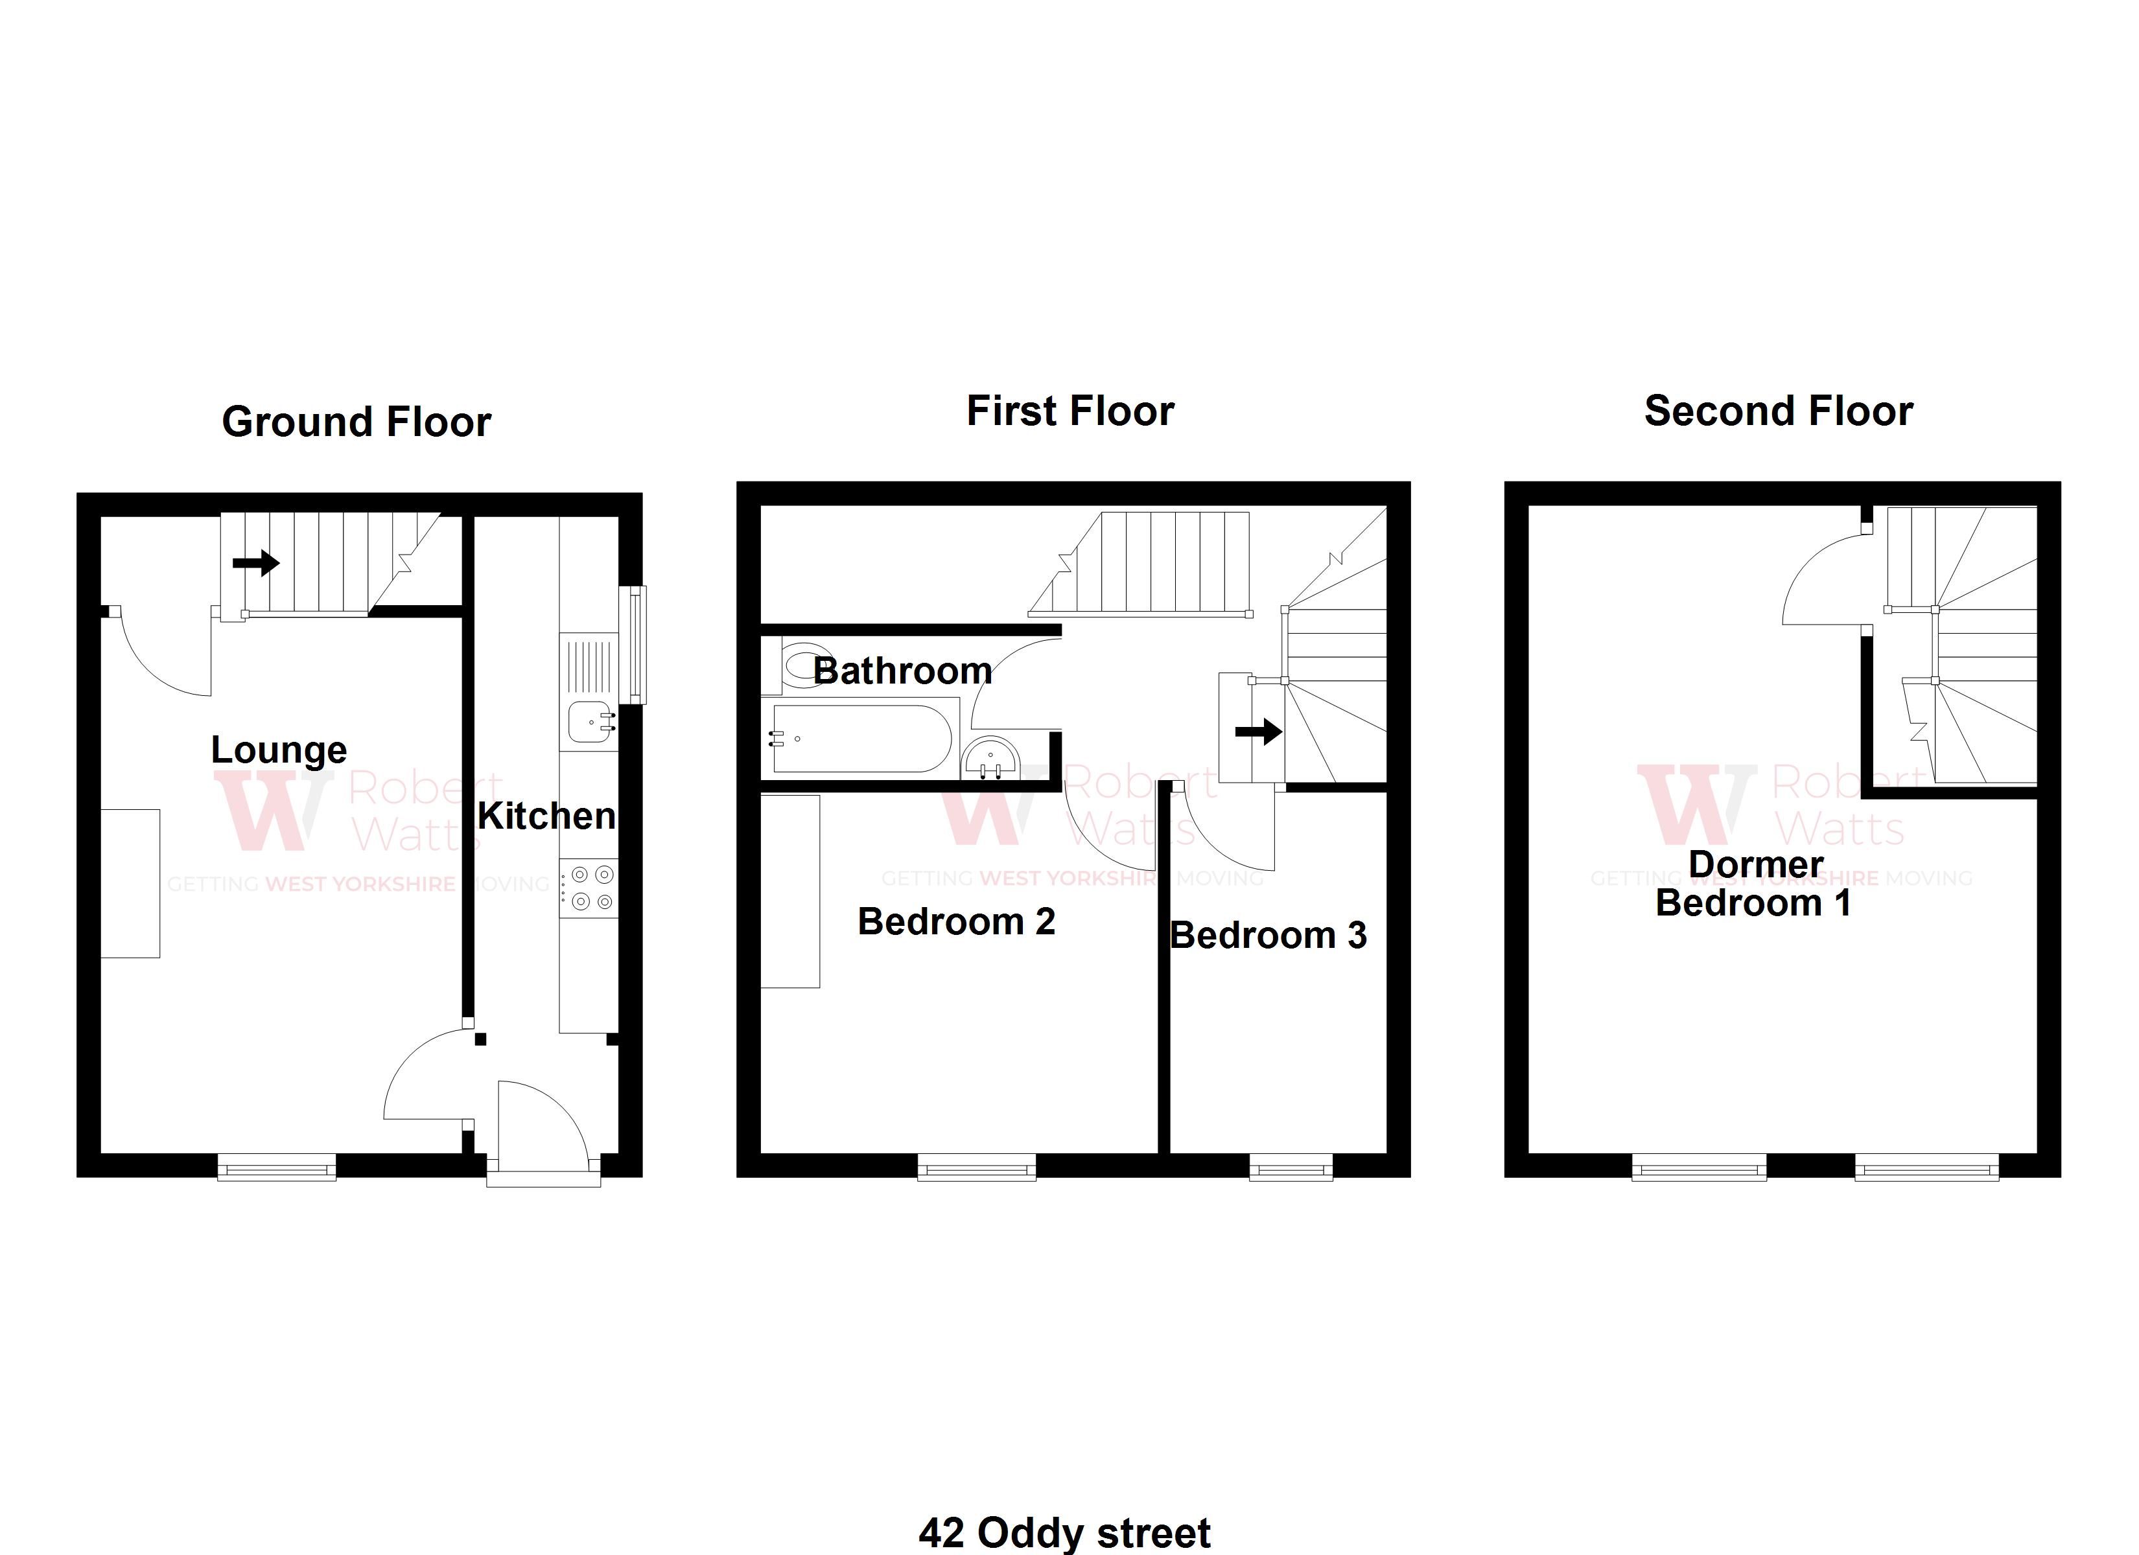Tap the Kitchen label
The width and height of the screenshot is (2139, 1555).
coord(547,816)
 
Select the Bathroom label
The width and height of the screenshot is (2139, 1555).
coord(902,671)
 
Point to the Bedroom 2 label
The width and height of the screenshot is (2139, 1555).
coord(956,921)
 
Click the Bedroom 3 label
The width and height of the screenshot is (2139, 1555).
coord(1268,936)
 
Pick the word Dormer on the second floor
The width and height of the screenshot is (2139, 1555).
coord(1756,864)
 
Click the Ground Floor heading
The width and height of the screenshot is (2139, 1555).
coord(356,422)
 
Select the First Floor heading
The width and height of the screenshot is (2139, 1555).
coord(1070,411)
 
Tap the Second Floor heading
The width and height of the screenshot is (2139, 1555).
coord(1779,411)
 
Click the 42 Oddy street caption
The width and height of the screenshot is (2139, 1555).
coord(1065,1534)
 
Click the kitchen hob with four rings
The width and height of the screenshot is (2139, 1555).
coord(589,888)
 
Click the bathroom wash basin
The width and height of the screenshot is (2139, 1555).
coord(991,758)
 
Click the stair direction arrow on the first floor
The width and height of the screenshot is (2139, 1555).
coord(1259,731)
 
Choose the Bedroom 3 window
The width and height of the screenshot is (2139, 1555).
coord(1291,1168)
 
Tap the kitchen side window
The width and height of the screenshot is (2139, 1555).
coord(638,645)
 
